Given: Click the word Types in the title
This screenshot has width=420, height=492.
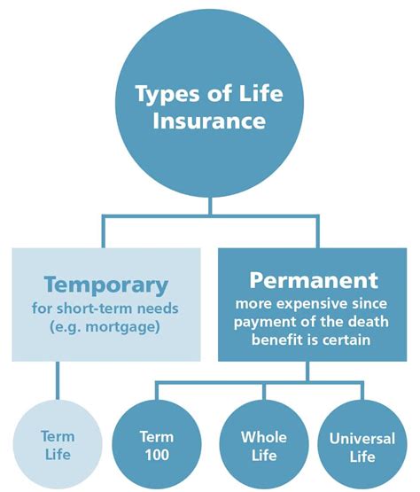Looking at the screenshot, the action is tap(168, 94).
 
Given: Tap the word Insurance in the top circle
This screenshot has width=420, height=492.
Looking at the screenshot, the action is tap(209, 121).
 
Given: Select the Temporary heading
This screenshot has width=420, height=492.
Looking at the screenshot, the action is tap(106, 285).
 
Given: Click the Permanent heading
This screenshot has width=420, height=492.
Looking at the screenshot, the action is tap(314, 280).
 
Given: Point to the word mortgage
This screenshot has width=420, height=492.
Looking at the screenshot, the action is tap(121, 327).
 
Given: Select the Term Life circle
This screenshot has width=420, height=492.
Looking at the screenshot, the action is tap(58, 444).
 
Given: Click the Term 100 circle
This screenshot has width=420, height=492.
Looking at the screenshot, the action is tap(157, 445).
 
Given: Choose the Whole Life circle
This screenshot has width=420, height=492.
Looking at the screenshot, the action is tap(264, 445).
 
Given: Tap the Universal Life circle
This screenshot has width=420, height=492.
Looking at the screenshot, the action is tap(362, 446).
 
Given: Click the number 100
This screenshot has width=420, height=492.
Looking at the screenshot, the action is tap(157, 455).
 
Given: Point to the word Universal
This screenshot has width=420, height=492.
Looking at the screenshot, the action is tap(362, 439).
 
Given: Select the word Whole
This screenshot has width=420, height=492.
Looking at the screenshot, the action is tap(264, 437).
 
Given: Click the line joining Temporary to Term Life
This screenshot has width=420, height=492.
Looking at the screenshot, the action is tap(58, 380).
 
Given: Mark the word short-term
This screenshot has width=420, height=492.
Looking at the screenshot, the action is tap(95, 308).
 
